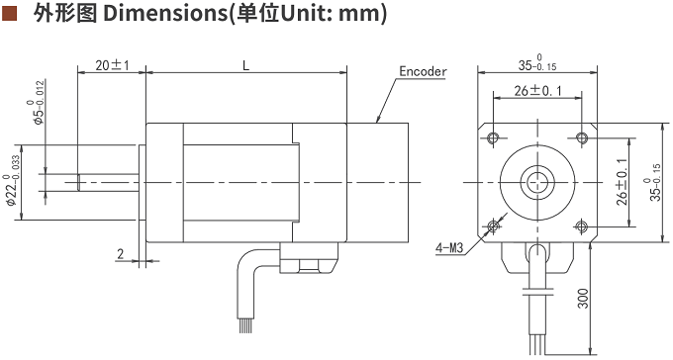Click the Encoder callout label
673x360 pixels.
pos(423,71)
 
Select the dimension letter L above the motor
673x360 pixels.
pos(245,65)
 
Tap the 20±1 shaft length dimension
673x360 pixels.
pos(112,65)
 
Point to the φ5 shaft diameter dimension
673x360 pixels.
pos(39,102)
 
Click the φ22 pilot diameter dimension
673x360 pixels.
pos(13,180)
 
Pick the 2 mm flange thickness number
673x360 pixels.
pos(120,254)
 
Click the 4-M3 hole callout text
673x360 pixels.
pos(449,247)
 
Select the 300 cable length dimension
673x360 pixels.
pos(582,299)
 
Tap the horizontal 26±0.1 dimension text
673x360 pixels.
pos(537,91)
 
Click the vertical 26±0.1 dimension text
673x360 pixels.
pos(622,182)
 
